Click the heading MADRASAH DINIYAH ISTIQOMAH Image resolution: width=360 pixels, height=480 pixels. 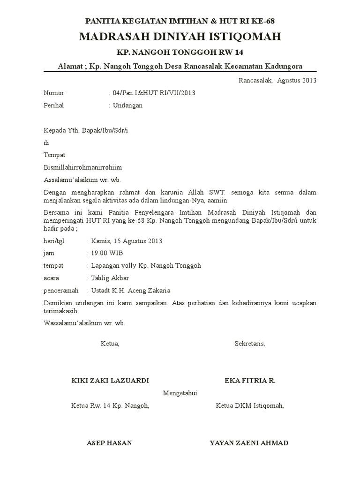click(180, 37)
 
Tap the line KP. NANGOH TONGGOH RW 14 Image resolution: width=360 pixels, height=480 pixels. click(180, 52)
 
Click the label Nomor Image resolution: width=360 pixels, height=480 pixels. click(54, 93)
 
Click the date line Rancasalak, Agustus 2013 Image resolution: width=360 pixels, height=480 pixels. click(277, 80)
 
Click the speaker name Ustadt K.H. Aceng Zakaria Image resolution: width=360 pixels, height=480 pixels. click(131, 290)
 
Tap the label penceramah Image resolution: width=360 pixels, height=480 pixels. click(61, 290)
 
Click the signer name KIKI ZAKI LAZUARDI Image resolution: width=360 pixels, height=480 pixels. click(110, 380)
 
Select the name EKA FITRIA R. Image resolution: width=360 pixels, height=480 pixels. click(250, 380)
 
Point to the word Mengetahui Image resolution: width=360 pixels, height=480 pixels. click(180, 393)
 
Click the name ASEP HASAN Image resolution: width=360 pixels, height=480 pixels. click(109, 443)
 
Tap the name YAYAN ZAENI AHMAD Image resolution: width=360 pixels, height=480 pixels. click(249, 443)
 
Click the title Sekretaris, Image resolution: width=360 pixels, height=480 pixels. click(249, 344)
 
